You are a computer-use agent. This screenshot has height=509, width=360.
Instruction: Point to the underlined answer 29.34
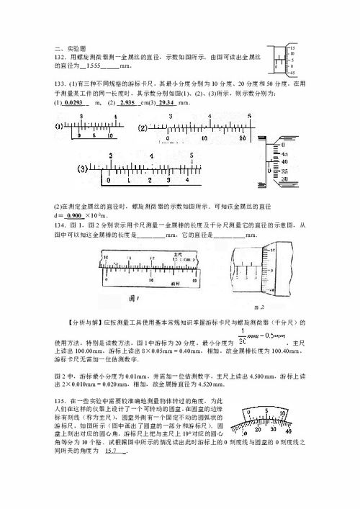pyautogui.click(x=167, y=104)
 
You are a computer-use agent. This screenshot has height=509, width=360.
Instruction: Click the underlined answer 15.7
pyautogui.click(x=111, y=451)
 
